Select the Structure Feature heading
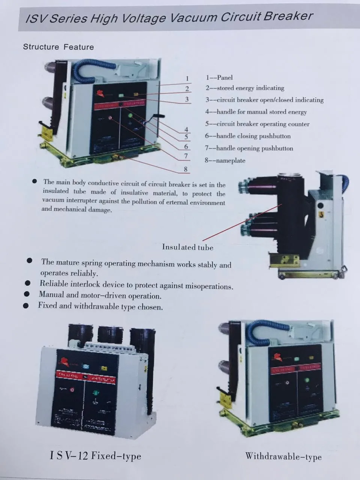58,47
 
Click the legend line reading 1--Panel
219,78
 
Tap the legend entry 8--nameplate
225,160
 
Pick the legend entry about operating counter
257,124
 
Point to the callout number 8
186,169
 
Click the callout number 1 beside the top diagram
187,79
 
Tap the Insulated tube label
187,247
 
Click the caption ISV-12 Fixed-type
95,456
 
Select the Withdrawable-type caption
283,456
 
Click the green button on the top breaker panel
130,115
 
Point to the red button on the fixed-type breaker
72,390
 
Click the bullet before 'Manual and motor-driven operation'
27,294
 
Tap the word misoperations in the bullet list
210,286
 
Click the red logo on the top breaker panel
100,93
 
